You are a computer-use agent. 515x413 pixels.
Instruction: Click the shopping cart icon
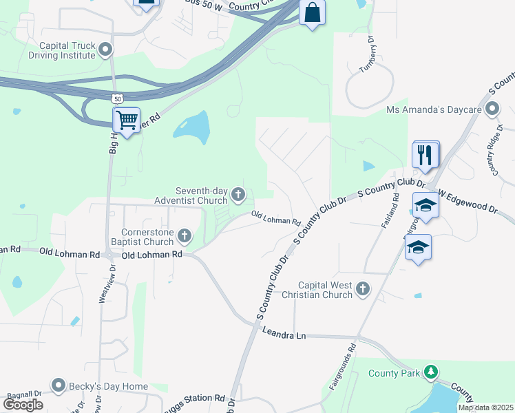127,120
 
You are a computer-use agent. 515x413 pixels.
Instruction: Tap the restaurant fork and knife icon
425,154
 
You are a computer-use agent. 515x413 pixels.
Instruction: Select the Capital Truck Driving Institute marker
105,48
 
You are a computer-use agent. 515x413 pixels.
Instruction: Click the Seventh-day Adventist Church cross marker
238,195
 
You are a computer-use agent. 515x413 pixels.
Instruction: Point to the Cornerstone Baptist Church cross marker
184,237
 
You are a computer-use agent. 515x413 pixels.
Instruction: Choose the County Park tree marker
431,372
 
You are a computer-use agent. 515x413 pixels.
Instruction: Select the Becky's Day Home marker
59,386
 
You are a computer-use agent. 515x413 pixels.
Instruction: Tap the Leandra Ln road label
284,333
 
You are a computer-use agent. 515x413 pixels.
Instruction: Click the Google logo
23,405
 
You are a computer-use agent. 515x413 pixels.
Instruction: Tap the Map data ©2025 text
485,407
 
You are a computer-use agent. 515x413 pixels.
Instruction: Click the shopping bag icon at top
312,13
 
